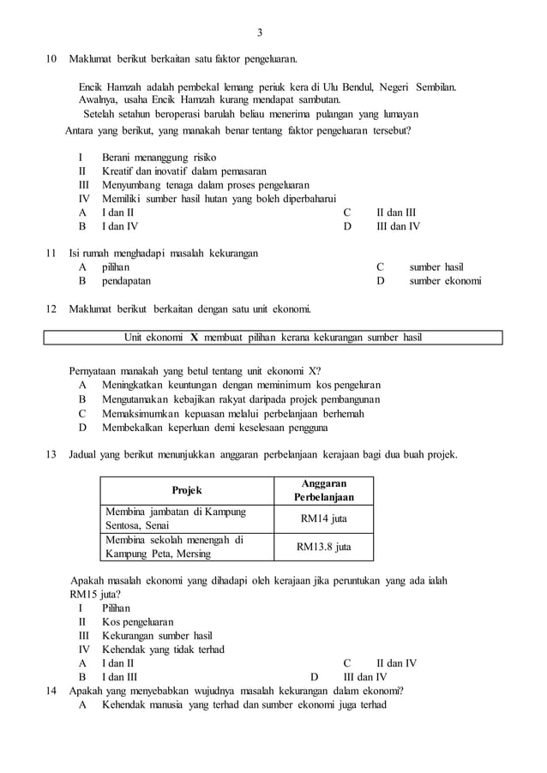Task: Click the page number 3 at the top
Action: coord(259,33)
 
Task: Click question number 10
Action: coord(51,59)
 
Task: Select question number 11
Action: coord(51,253)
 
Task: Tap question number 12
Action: coord(51,309)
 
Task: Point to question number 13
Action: coord(51,453)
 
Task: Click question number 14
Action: coord(51,691)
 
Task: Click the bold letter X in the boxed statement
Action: coord(195,338)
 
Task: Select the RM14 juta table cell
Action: coord(323,518)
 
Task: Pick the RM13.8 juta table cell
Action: coord(323,547)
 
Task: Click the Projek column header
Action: coord(187,490)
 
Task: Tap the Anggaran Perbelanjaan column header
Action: coord(323,490)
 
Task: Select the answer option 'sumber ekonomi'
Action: coord(445,281)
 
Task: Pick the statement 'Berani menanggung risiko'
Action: coord(159,158)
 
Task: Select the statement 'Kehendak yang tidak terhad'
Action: coord(163,649)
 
